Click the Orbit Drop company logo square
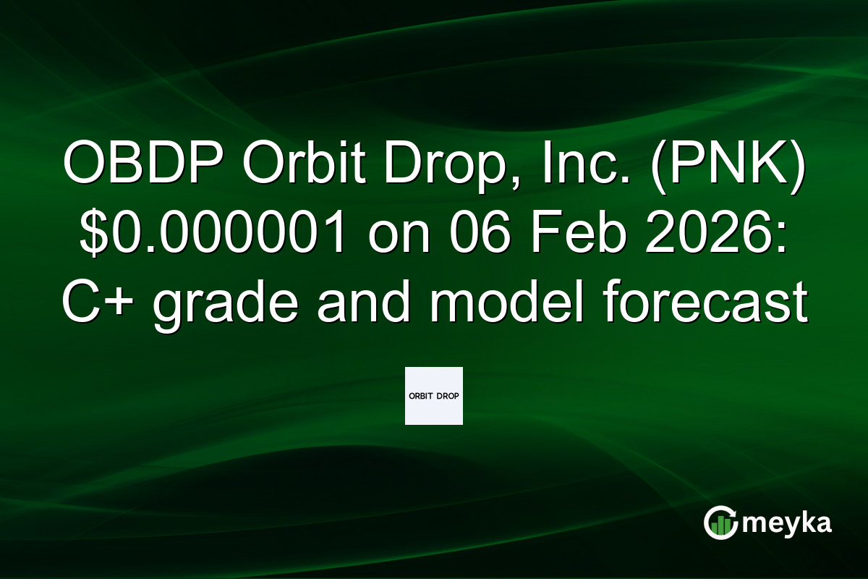(433, 395)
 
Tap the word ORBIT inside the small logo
(421, 396)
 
